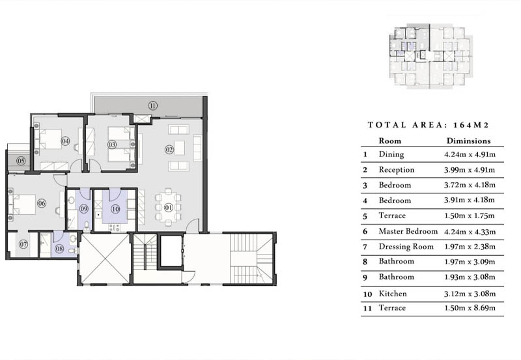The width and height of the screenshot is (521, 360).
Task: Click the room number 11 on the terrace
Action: tap(152, 106)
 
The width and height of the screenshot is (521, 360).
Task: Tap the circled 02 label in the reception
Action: tap(169, 150)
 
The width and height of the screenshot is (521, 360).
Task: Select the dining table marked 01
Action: tap(169, 208)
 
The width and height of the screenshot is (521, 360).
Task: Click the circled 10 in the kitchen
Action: tap(115, 209)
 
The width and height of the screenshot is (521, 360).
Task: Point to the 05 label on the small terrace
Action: tap(21, 161)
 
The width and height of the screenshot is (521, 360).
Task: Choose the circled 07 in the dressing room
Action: tap(23, 244)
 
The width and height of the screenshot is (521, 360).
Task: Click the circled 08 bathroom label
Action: tap(59, 249)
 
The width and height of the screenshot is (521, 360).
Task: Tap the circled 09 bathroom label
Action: tap(83, 208)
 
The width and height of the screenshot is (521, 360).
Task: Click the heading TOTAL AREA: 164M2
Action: tap(429, 125)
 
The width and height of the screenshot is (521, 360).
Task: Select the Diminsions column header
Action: tap(468, 141)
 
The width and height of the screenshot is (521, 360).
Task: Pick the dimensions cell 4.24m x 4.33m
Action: tap(470, 232)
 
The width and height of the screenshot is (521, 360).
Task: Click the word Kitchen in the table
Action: tap(393, 294)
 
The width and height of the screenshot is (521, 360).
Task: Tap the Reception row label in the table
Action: tap(397, 170)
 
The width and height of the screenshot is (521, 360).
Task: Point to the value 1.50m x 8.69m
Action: tap(470, 308)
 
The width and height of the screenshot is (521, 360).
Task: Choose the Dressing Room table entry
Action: tap(406, 247)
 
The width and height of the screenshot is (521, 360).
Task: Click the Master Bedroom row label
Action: tap(408, 231)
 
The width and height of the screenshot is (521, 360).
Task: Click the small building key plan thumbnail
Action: tap(430, 56)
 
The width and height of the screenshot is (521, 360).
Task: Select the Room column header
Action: tap(389, 141)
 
